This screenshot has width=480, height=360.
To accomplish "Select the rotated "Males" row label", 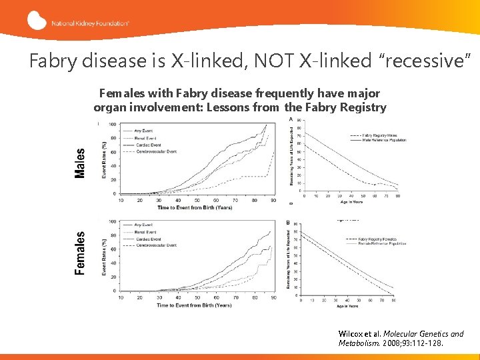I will tap(81, 163).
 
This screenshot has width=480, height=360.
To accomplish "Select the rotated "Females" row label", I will tap(81, 253).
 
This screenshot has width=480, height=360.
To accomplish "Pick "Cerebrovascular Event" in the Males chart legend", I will tap(158, 151).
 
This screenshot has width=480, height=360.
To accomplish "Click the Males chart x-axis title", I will tap(194, 207).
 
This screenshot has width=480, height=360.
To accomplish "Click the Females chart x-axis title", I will tap(194, 305).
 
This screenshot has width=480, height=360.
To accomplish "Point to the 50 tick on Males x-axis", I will tap(197, 200).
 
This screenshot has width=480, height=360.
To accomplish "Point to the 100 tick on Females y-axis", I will tap(113, 221).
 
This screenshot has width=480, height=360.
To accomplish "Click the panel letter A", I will tap(290, 119).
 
